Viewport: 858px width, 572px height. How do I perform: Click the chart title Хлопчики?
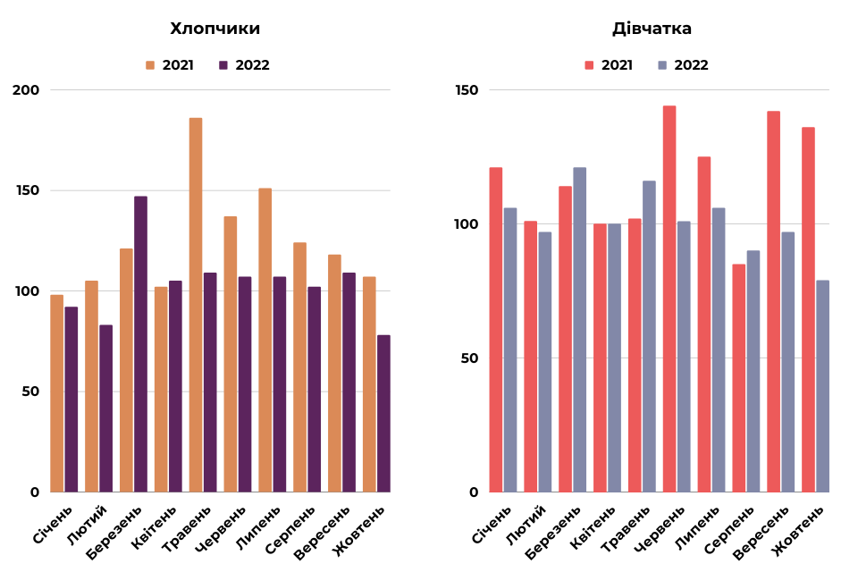(215, 29)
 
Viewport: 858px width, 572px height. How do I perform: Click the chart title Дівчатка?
(652, 29)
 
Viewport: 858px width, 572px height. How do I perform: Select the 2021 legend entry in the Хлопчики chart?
(169, 65)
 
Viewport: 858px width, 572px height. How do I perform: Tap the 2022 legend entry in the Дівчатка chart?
(683, 65)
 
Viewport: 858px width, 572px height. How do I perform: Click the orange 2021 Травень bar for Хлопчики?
(196, 304)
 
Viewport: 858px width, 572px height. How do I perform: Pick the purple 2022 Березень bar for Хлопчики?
(140, 344)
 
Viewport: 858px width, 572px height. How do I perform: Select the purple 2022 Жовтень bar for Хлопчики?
(383, 413)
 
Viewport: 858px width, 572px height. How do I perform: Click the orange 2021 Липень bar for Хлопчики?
(265, 340)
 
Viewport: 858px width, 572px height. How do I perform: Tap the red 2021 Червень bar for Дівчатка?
(669, 299)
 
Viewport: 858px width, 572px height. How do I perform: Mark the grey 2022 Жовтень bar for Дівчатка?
(822, 386)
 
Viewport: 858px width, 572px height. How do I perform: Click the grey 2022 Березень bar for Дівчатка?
(579, 329)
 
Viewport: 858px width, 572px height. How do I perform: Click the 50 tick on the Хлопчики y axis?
(31, 391)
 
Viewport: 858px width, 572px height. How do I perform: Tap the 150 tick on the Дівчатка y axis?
(467, 90)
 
